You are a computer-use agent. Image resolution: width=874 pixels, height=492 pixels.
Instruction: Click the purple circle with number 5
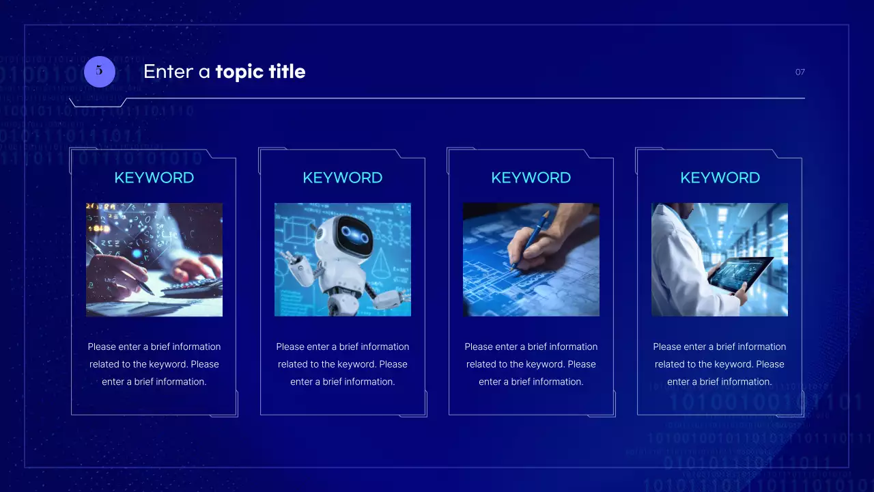pyautogui.click(x=99, y=71)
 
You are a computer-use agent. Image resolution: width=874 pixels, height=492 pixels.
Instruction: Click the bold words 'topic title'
pyautogui.click(x=260, y=71)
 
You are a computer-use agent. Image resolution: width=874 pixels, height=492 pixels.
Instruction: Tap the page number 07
pyautogui.click(x=800, y=72)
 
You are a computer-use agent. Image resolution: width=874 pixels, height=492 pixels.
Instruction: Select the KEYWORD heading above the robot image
pyautogui.click(x=342, y=178)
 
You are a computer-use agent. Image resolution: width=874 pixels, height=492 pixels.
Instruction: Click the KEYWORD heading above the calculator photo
pyautogui.click(x=154, y=178)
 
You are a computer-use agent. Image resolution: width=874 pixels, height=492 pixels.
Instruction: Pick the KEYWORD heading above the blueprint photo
pyautogui.click(x=531, y=178)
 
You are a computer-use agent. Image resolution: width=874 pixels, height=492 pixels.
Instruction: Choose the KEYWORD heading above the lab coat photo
pyautogui.click(x=720, y=178)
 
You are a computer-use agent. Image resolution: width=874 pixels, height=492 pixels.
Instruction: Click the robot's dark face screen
pyautogui.click(x=353, y=235)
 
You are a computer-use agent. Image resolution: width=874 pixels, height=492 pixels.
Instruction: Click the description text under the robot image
pyautogui.click(x=342, y=364)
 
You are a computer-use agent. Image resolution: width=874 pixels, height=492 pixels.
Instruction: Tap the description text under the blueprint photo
pyautogui.click(x=531, y=364)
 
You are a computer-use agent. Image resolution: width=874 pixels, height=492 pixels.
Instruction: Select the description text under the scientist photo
pyautogui.click(x=720, y=364)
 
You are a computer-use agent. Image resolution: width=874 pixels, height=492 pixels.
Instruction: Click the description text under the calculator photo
pyautogui.click(x=154, y=364)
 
